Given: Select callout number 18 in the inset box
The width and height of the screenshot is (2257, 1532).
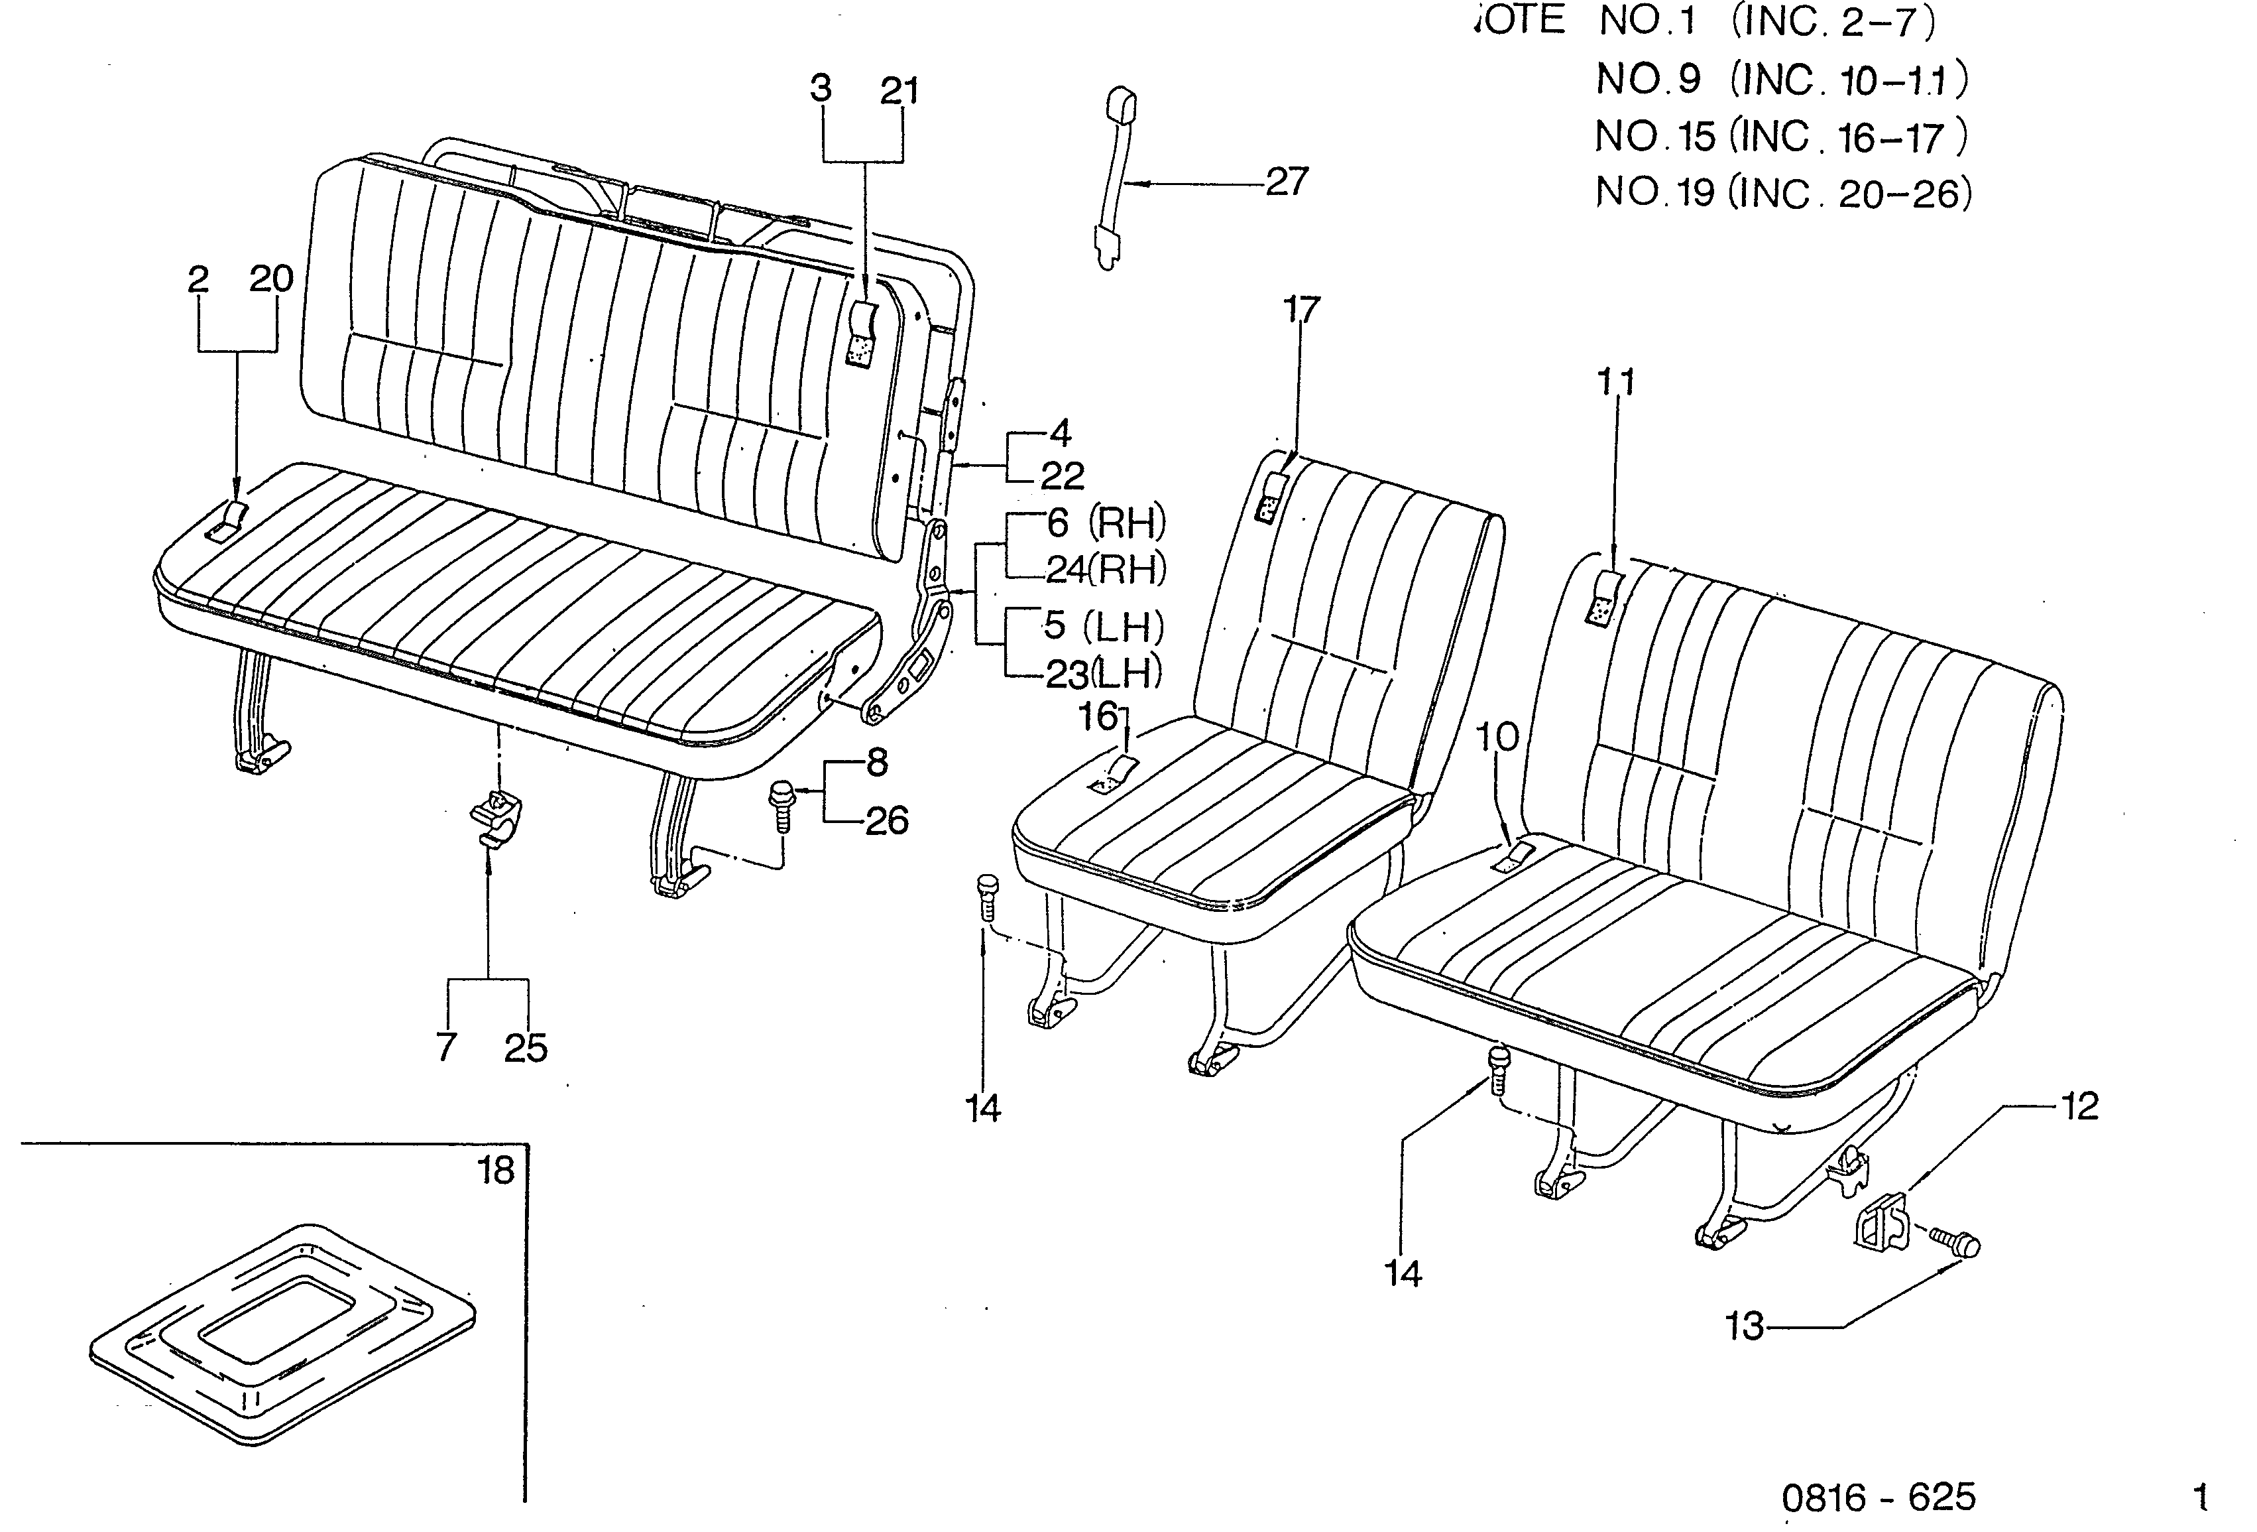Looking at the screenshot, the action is point(496,1171).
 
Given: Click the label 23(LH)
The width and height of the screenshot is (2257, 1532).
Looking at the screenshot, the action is point(1103,673).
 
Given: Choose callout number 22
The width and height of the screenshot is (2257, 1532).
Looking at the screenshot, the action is point(1063,476).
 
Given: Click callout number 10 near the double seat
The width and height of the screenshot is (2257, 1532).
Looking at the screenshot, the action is point(1497,737).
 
